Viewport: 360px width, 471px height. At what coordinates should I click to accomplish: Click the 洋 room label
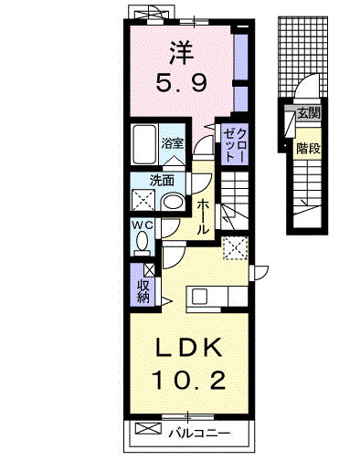click(182, 53)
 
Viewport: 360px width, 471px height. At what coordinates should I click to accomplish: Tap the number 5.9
click(182, 83)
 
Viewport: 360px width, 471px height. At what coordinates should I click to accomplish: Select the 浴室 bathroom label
click(173, 143)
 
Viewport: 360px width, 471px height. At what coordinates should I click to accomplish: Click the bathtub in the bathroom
click(144, 144)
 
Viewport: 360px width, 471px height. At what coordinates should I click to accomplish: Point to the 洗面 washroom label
click(162, 181)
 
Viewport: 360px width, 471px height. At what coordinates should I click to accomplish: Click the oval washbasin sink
click(173, 202)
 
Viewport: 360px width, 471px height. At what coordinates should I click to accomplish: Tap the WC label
click(142, 225)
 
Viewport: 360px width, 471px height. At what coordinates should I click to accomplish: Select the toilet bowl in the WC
click(143, 242)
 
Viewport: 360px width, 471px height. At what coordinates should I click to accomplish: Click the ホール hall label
click(203, 217)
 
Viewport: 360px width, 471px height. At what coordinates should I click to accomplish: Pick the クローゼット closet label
click(235, 145)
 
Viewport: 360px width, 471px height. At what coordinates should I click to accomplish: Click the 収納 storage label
click(143, 291)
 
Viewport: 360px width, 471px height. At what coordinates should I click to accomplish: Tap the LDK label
click(188, 348)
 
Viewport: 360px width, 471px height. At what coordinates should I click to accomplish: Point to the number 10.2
click(190, 380)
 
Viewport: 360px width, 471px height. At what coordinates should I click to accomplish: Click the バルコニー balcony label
click(199, 433)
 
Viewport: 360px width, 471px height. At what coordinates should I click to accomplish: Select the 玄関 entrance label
click(309, 113)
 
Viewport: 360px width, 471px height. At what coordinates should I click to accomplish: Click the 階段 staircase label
click(308, 148)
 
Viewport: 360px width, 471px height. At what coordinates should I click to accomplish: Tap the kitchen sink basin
click(199, 296)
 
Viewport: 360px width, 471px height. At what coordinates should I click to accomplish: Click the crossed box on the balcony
click(148, 428)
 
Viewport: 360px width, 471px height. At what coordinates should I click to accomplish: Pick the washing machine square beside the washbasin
click(143, 200)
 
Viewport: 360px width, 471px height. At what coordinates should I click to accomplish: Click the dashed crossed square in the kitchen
click(235, 248)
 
